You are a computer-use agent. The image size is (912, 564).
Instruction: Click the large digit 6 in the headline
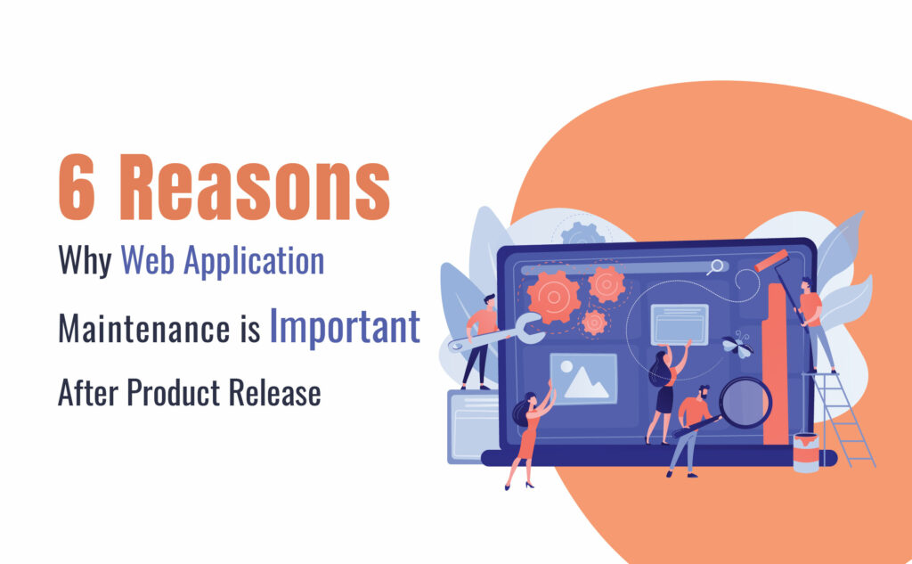click(77, 187)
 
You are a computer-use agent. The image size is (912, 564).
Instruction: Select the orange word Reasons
click(255, 187)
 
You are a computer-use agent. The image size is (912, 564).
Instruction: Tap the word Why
click(85, 261)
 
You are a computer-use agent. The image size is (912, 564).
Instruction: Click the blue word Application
click(254, 261)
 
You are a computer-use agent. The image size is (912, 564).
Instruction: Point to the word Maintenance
click(144, 328)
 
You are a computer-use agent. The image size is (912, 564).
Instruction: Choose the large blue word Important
click(345, 327)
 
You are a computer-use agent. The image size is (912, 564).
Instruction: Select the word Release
click(274, 392)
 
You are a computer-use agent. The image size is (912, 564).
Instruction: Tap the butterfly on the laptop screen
click(737, 345)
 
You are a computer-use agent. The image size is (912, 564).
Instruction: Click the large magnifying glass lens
click(745, 403)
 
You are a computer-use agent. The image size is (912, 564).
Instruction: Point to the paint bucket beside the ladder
click(806, 453)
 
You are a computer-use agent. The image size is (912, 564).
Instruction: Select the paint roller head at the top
click(772, 261)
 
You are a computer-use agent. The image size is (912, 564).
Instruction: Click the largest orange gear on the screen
click(553, 298)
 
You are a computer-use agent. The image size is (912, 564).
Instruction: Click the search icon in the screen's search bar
click(716, 267)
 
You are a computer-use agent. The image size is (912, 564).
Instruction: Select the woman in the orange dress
click(530, 437)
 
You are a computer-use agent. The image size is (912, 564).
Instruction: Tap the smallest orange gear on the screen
click(594, 323)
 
